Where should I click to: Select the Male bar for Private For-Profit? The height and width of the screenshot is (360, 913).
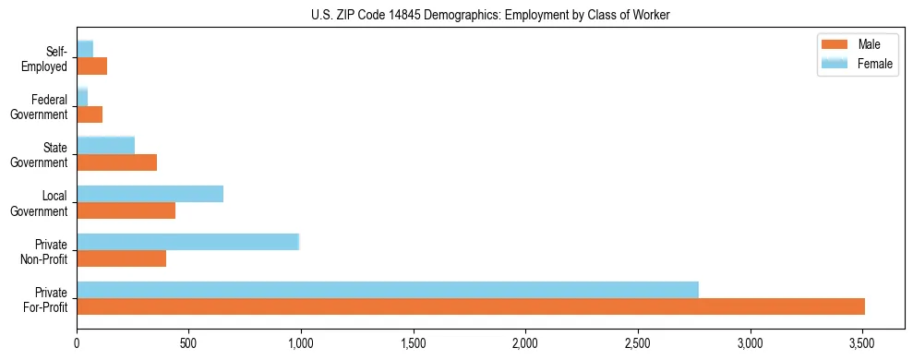(471, 306)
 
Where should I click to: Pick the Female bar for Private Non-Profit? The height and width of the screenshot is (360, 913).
(188, 242)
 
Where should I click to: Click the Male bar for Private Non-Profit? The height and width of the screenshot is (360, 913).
(122, 258)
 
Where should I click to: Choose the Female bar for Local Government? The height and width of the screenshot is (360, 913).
(150, 194)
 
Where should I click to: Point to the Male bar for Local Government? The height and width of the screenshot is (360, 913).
(126, 210)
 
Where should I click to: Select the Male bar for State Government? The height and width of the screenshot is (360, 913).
(117, 162)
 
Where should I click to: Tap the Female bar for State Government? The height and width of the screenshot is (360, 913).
(106, 145)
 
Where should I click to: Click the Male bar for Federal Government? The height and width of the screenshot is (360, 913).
(90, 114)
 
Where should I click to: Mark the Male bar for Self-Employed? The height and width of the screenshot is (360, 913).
(92, 66)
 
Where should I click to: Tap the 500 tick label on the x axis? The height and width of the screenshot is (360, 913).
(188, 343)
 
